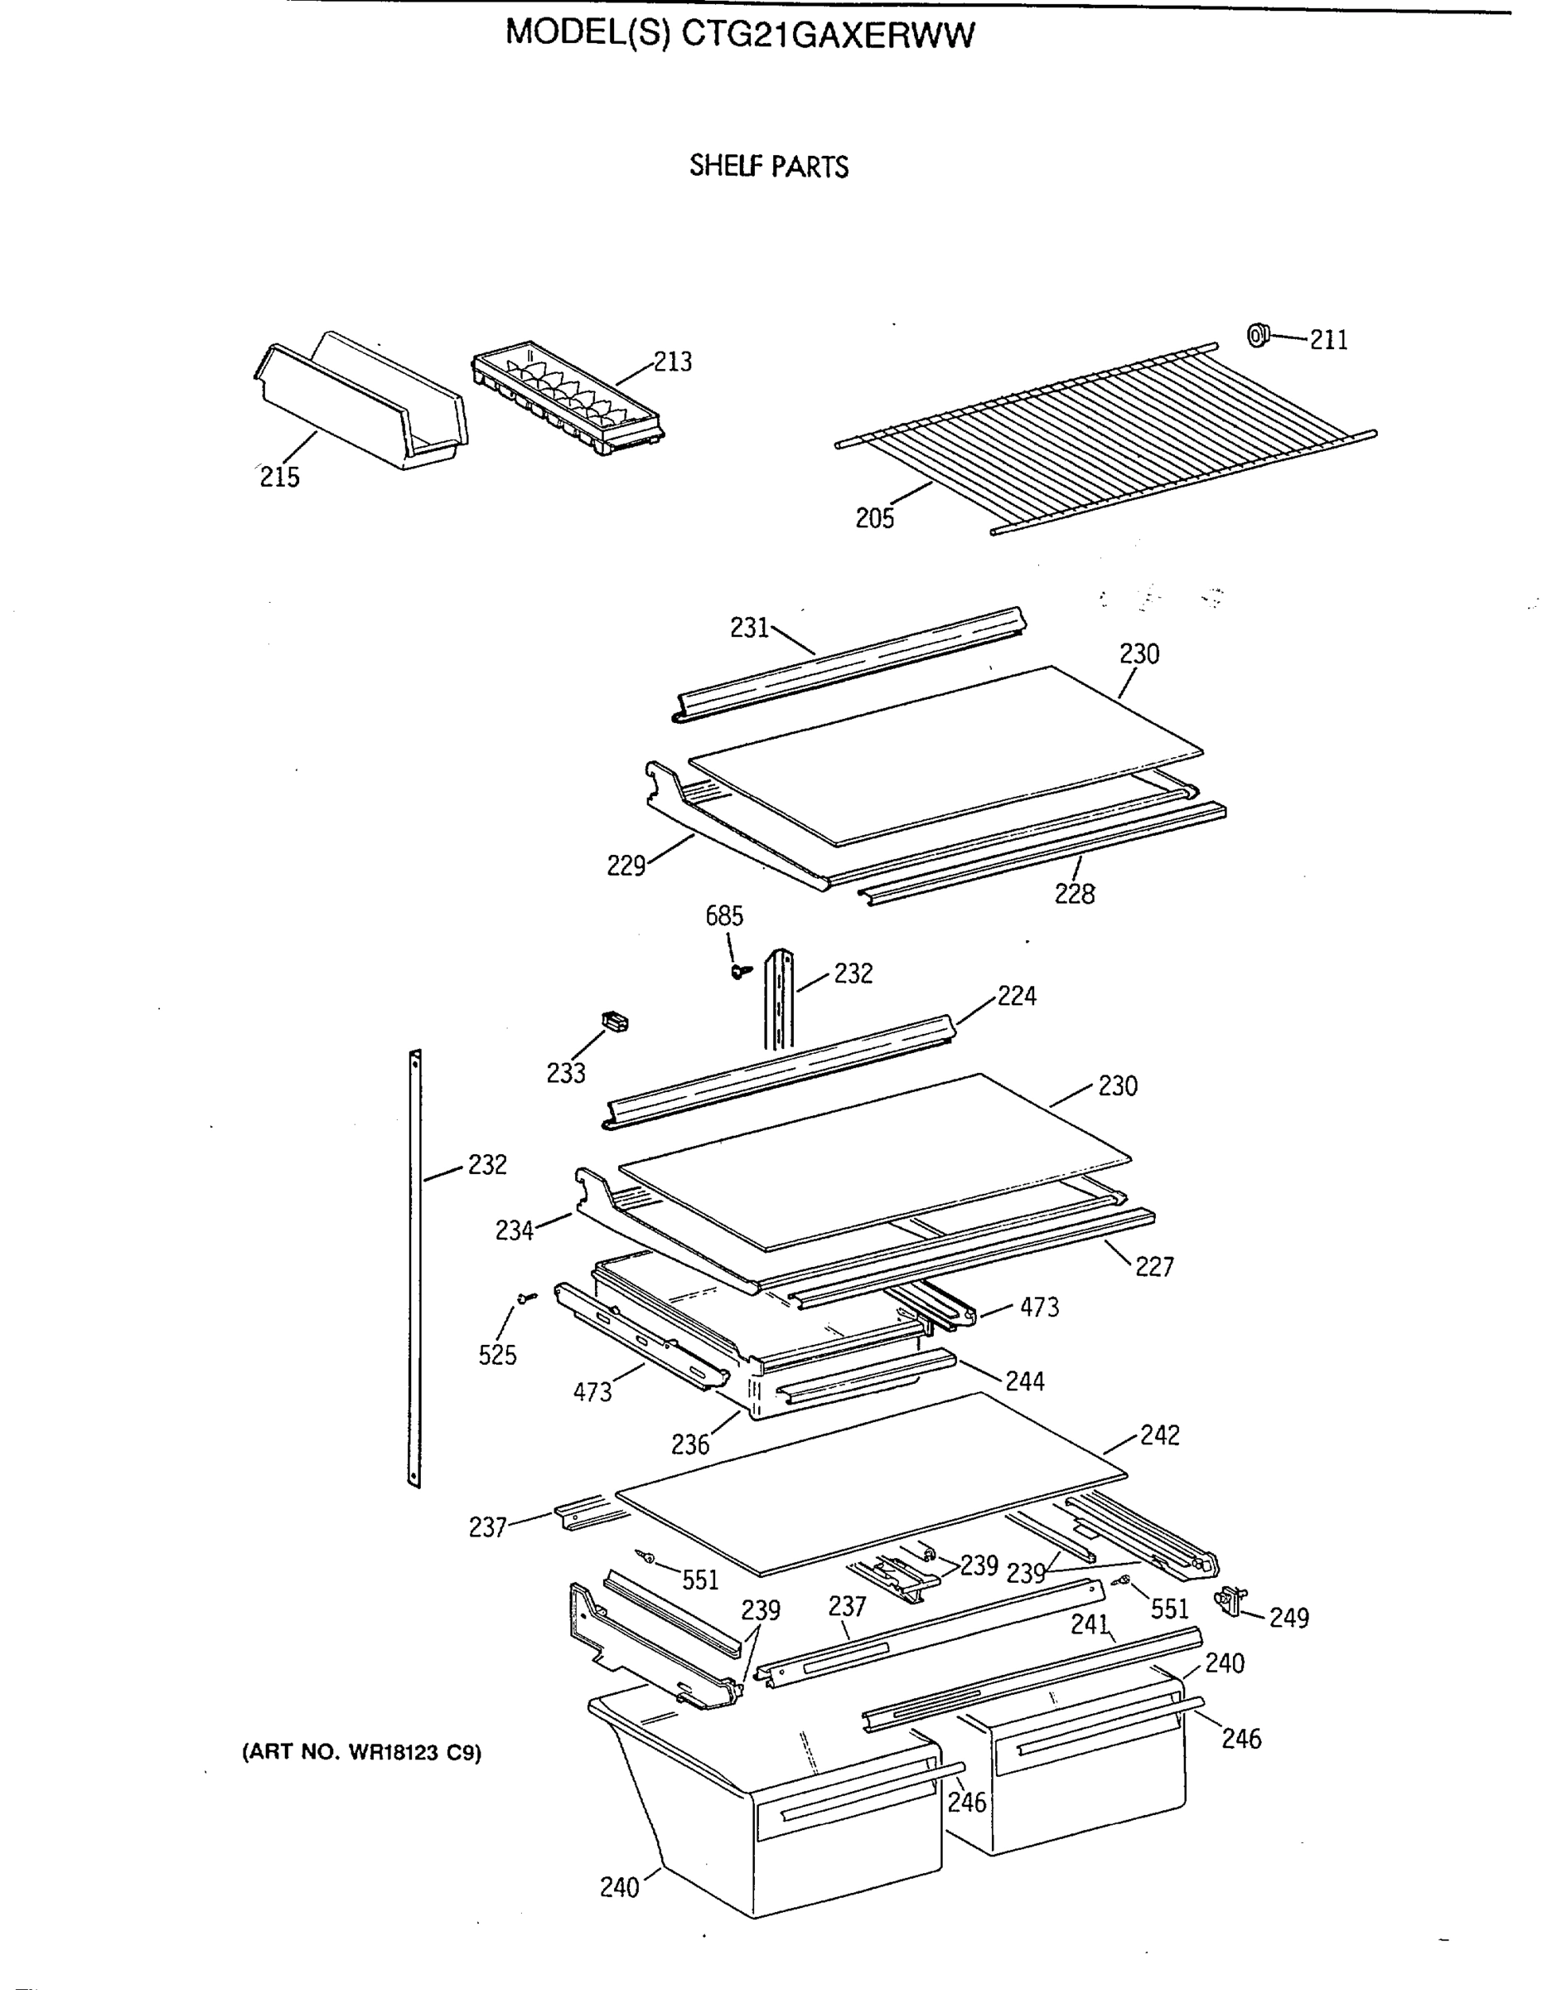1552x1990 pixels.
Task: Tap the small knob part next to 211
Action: click(x=1258, y=335)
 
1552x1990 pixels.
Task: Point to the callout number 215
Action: click(x=278, y=477)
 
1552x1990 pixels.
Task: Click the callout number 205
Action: click(x=874, y=518)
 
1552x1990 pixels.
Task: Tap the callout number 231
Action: click(x=750, y=628)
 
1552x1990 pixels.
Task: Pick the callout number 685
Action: click(x=724, y=915)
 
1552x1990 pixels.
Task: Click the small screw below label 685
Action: click(x=738, y=973)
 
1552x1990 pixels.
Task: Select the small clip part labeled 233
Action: click(x=616, y=1021)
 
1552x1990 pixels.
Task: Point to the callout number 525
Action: click(x=497, y=1355)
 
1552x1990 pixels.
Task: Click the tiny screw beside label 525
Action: click(x=525, y=1298)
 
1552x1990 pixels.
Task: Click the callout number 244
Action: click(x=1025, y=1381)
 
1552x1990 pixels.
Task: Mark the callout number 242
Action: click(x=1158, y=1435)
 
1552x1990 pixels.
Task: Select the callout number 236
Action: click(x=689, y=1444)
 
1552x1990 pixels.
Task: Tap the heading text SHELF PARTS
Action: click(x=769, y=167)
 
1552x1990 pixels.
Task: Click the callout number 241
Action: click(x=1090, y=1624)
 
